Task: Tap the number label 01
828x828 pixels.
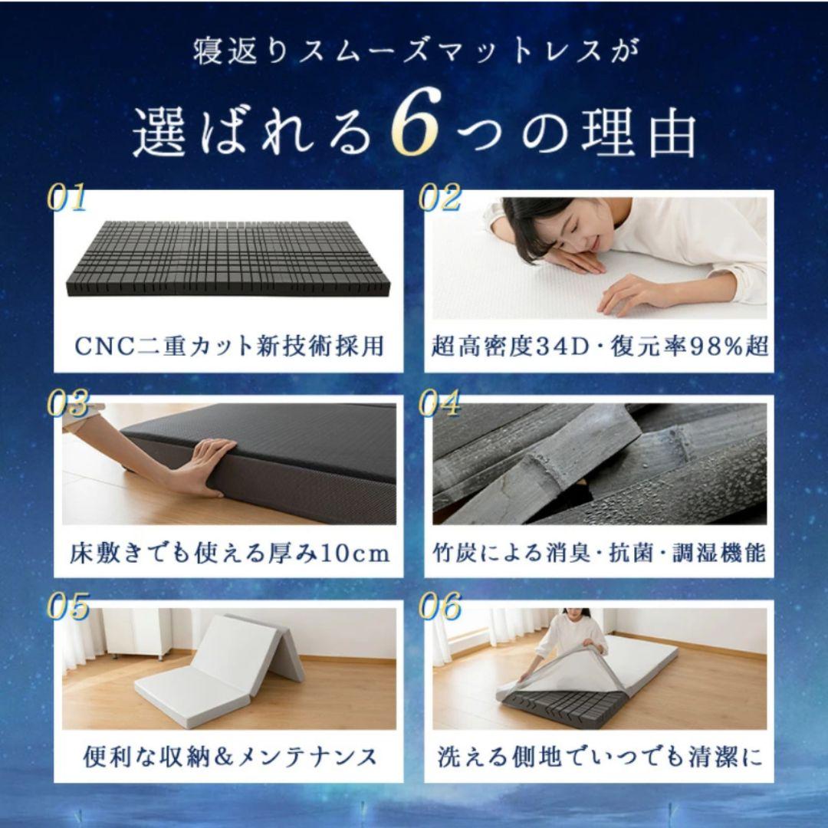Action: pos(67,198)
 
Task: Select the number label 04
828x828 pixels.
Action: pos(439,404)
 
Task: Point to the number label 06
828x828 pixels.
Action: pos(439,609)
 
